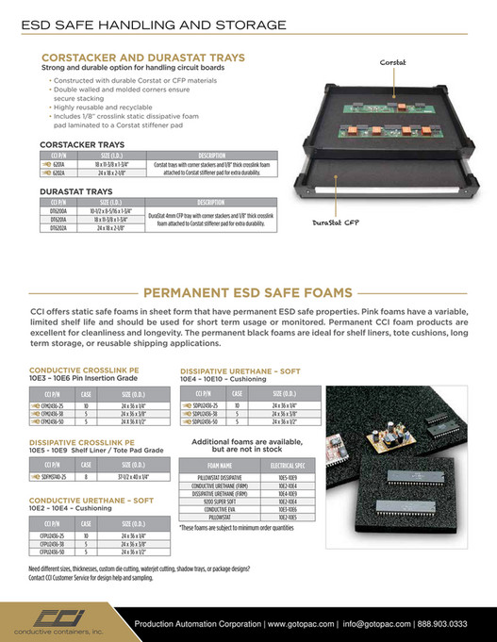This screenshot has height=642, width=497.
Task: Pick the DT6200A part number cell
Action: (x=58, y=211)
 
